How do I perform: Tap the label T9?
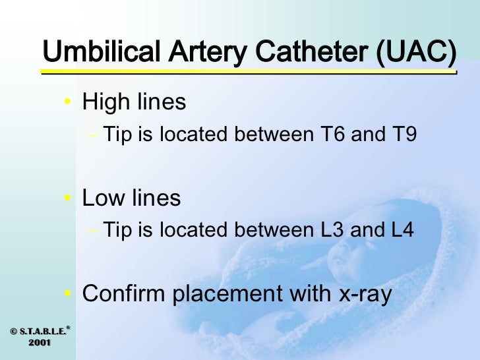pyautogui.click(x=402, y=135)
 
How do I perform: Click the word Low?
pyautogui.click(x=103, y=198)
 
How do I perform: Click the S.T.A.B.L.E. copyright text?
pyautogui.click(x=37, y=331)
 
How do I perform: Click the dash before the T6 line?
pyautogui.click(x=92, y=135)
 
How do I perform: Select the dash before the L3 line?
pyautogui.click(x=92, y=231)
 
